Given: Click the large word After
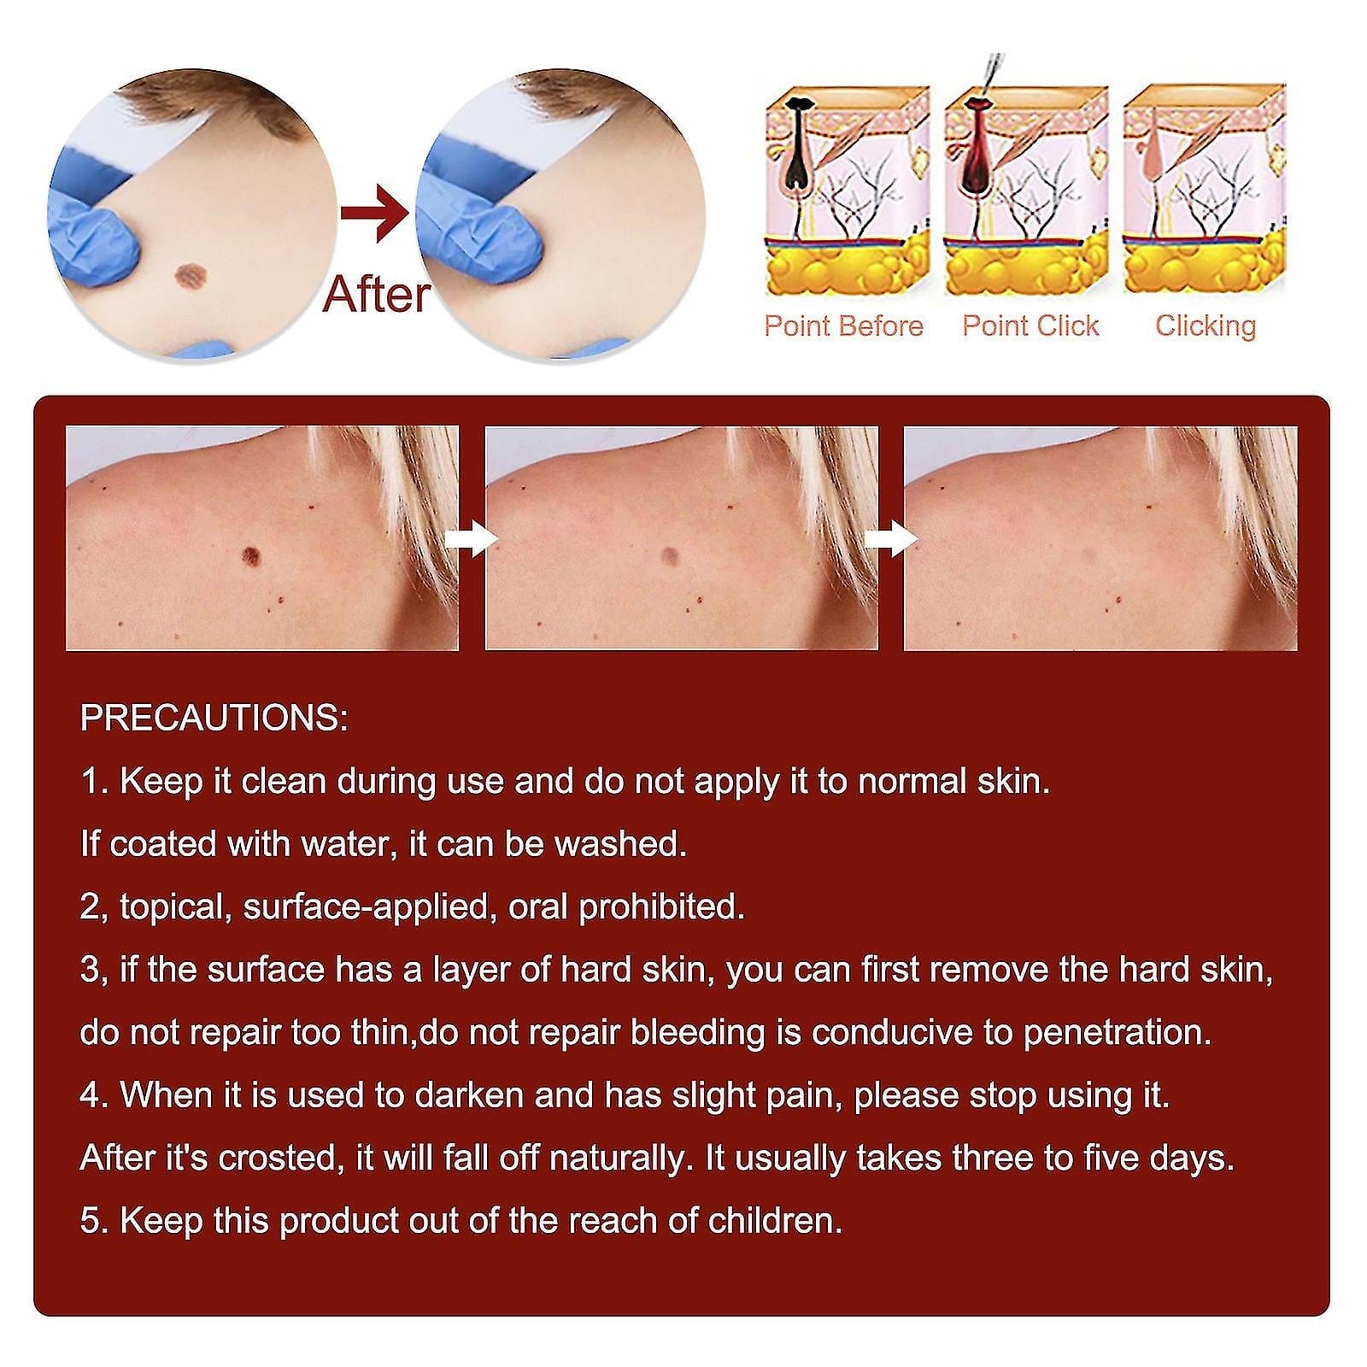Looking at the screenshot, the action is tap(377, 295).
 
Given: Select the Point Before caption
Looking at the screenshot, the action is tap(843, 326).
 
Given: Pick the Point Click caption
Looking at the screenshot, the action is tap(1030, 326).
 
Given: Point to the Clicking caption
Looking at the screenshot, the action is tap(1206, 326).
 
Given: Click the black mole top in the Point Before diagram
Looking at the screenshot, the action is tap(799, 105).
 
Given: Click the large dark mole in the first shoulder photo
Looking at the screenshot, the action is tap(251, 555).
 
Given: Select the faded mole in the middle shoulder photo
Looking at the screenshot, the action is tap(670, 556).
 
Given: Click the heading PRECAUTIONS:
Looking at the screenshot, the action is tap(214, 719).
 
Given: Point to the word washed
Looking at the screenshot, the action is tap(620, 844).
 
